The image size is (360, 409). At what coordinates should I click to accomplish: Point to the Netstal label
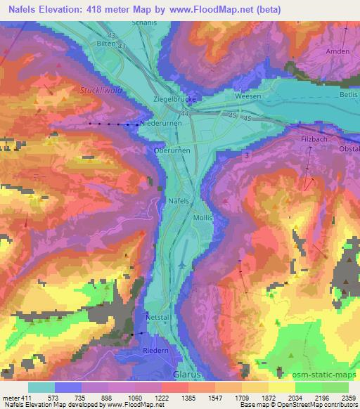tap(158, 317)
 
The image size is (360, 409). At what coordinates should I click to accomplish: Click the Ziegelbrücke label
tap(174, 100)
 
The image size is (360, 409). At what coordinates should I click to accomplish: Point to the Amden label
tap(337, 52)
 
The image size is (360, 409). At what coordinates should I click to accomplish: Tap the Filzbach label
tap(306, 141)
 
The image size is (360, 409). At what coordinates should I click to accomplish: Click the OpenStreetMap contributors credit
tap(306, 405)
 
